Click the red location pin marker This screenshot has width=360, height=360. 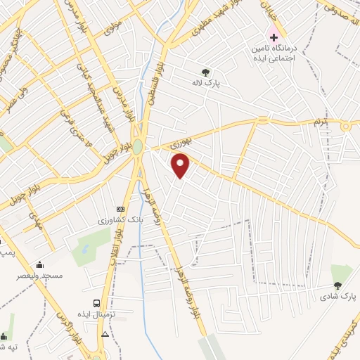pos(181,165)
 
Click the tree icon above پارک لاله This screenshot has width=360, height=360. pos(205,71)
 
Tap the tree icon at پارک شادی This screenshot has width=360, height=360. pos(338,285)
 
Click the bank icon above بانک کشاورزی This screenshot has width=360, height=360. pos(120,209)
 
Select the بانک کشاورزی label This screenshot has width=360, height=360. pos(115,220)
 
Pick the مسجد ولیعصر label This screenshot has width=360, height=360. pos(40,276)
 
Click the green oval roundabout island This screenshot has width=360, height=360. pos(138,147)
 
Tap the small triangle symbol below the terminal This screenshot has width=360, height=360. pos(105,333)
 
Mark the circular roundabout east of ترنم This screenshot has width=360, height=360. pos(345,127)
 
